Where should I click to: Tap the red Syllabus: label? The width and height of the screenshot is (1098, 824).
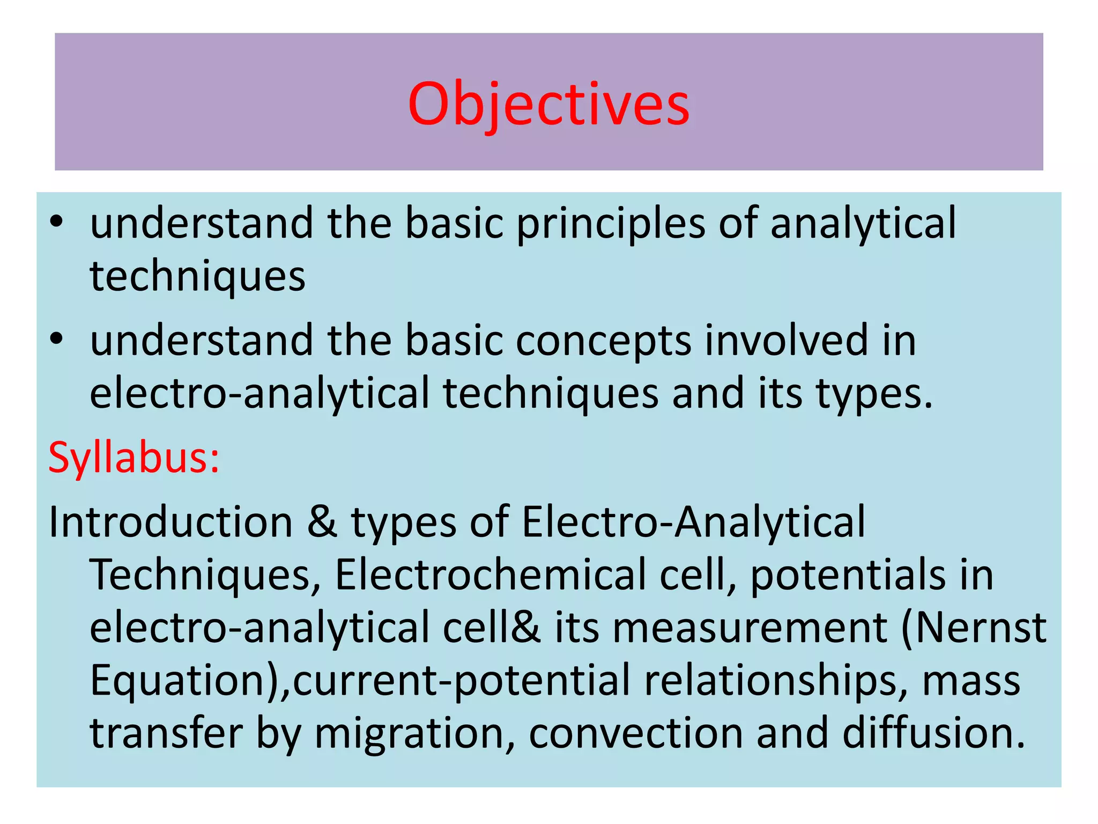[x=134, y=458]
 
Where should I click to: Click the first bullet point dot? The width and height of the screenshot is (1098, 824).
[x=56, y=222]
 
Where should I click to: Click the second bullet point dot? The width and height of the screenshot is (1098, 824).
[x=56, y=340]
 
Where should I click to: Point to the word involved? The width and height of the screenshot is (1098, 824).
[x=786, y=340]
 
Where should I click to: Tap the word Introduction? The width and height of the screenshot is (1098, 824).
[x=170, y=522]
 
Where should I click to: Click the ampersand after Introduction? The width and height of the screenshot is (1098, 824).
[x=322, y=522]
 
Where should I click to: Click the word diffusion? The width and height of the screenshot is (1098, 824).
[x=933, y=733]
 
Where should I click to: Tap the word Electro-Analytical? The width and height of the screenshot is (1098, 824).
[x=693, y=522]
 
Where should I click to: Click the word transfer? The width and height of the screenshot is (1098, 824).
[x=166, y=733]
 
